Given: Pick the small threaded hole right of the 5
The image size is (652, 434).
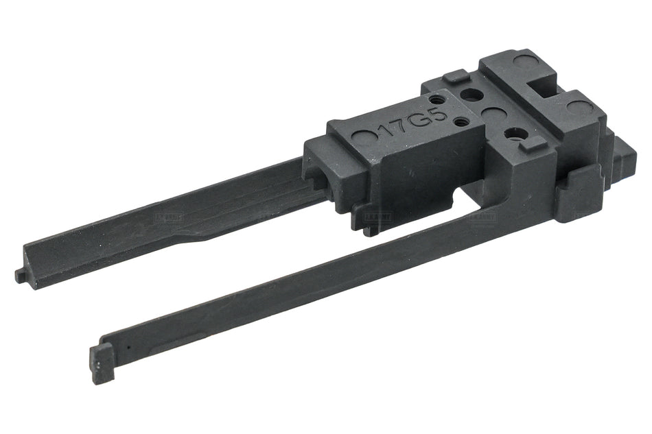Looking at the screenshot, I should coord(461,122).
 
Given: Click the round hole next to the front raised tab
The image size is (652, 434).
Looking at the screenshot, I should coord(513,134).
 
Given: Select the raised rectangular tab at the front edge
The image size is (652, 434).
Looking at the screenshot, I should coord(529,144).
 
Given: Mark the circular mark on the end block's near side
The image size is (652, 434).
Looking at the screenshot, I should coord(580,108).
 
